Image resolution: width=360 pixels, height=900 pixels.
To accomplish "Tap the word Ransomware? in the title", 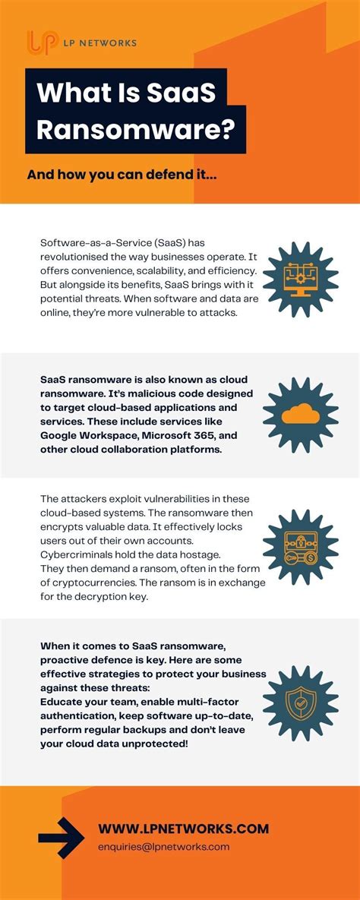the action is click(x=134, y=129).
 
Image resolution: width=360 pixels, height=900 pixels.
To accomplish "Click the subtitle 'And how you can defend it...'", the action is click(x=122, y=175).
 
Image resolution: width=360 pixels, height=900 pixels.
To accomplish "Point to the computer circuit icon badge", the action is click(x=300, y=276).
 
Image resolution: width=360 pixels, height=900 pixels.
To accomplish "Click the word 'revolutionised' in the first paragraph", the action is click(x=74, y=257).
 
